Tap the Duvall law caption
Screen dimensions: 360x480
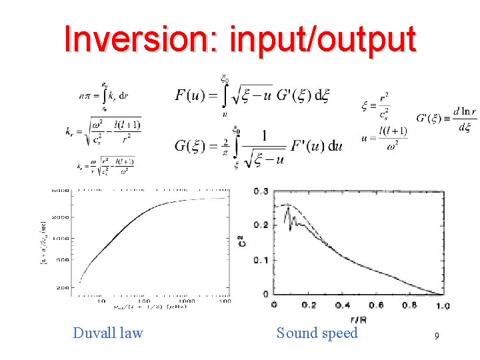point(108,333)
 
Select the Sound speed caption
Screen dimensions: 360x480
point(317,333)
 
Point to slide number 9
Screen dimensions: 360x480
point(436,337)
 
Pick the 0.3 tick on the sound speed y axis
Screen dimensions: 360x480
point(261,192)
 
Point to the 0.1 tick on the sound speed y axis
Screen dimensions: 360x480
point(261,259)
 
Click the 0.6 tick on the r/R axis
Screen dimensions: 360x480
point(376,305)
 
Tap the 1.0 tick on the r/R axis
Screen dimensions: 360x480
point(443,305)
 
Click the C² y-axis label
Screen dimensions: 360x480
point(242,241)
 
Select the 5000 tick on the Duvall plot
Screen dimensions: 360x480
point(62,191)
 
